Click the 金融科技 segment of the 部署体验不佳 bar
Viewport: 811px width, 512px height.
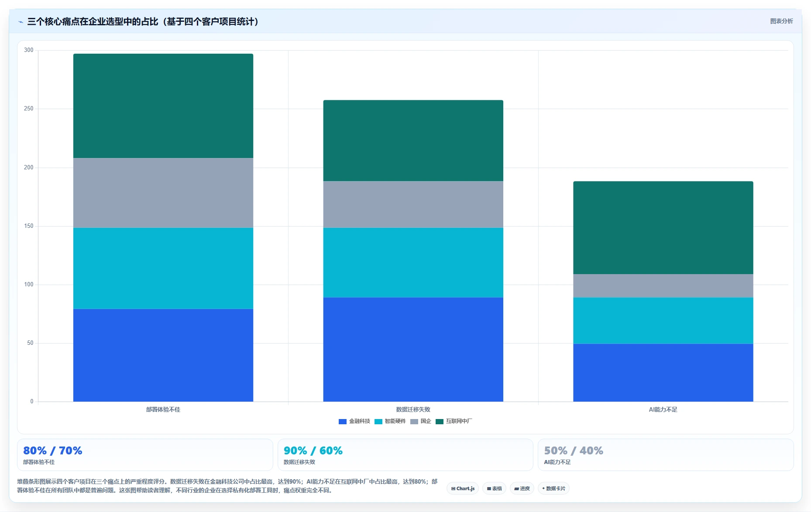tap(163, 355)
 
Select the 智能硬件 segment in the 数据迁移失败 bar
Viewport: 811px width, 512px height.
tap(413, 262)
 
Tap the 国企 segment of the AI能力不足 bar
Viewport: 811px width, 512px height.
tap(663, 286)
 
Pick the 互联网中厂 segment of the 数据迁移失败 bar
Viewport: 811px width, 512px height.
tap(413, 141)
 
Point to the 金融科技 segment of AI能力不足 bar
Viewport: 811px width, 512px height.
tap(663, 373)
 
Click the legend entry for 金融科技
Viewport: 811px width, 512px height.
tap(354, 421)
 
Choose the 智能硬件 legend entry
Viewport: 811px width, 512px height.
tap(390, 421)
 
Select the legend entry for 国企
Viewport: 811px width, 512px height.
tap(421, 421)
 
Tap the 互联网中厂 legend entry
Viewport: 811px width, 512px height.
tap(454, 421)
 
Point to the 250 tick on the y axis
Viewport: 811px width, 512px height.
tap(29, 109)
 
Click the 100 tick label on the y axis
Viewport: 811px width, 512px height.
tap(29, 285)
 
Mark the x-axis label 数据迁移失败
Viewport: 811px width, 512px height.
tap(413, 409)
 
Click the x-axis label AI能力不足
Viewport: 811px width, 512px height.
tap(663, 409)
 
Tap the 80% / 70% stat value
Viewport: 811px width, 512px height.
tap(53, 450)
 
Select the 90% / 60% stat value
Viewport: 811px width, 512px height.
tap(313, 450)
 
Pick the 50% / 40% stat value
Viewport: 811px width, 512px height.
tap(574, 450)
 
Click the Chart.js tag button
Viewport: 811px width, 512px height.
tap(463, 488)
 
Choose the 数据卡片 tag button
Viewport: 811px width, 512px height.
tap(553, 488)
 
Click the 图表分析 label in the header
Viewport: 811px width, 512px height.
tap(781, 21)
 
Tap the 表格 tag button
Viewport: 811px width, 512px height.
tap(494, 488)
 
